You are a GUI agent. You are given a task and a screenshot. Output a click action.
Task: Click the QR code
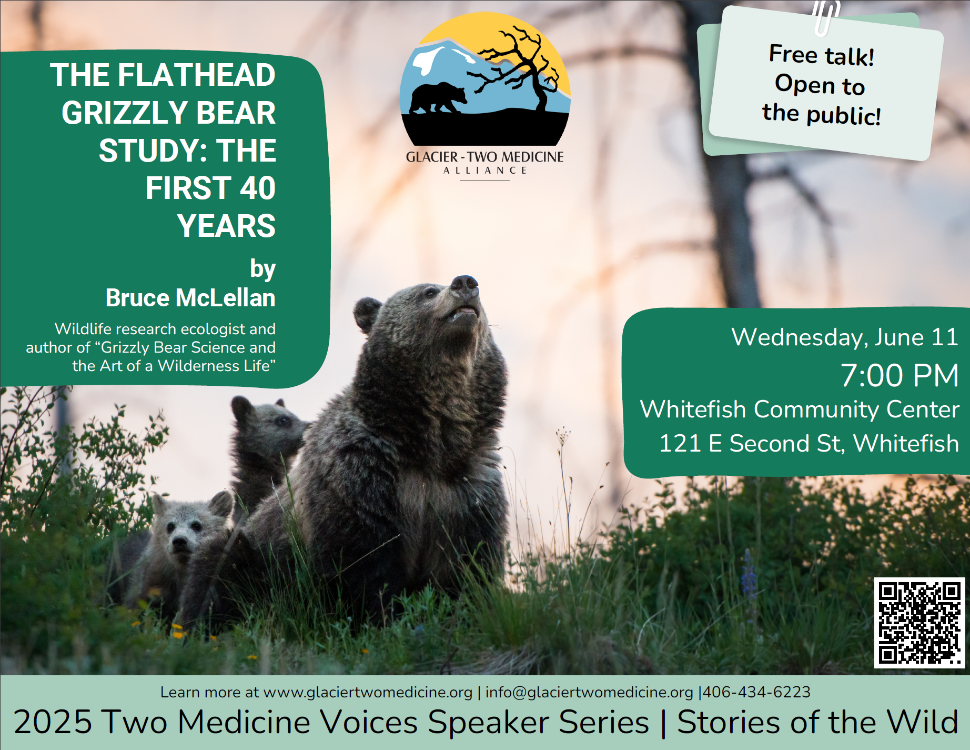(920, 623)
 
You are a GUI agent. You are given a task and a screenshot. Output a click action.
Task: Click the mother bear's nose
(464, 283)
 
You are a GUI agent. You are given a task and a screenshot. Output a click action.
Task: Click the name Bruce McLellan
(190, 298)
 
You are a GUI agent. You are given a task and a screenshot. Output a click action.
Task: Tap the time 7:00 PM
(900, 375)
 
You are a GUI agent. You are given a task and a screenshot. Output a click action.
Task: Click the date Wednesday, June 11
(845, 337)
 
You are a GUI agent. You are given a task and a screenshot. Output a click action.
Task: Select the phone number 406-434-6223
(756, 692)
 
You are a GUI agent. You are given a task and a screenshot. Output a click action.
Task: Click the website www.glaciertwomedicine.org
(368, 692)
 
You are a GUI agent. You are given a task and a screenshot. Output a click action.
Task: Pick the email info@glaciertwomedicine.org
(589, 692)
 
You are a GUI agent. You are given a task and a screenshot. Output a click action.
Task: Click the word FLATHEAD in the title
(197, 75)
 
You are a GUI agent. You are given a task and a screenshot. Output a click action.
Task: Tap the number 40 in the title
(258, 188)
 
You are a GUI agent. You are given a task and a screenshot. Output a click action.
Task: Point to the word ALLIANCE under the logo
(484, 171)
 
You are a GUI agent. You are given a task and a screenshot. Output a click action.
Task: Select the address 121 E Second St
(751, 444)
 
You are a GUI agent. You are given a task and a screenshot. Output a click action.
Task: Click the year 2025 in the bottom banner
(52, 722)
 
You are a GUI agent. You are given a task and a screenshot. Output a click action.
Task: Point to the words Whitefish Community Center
(800, 409)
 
